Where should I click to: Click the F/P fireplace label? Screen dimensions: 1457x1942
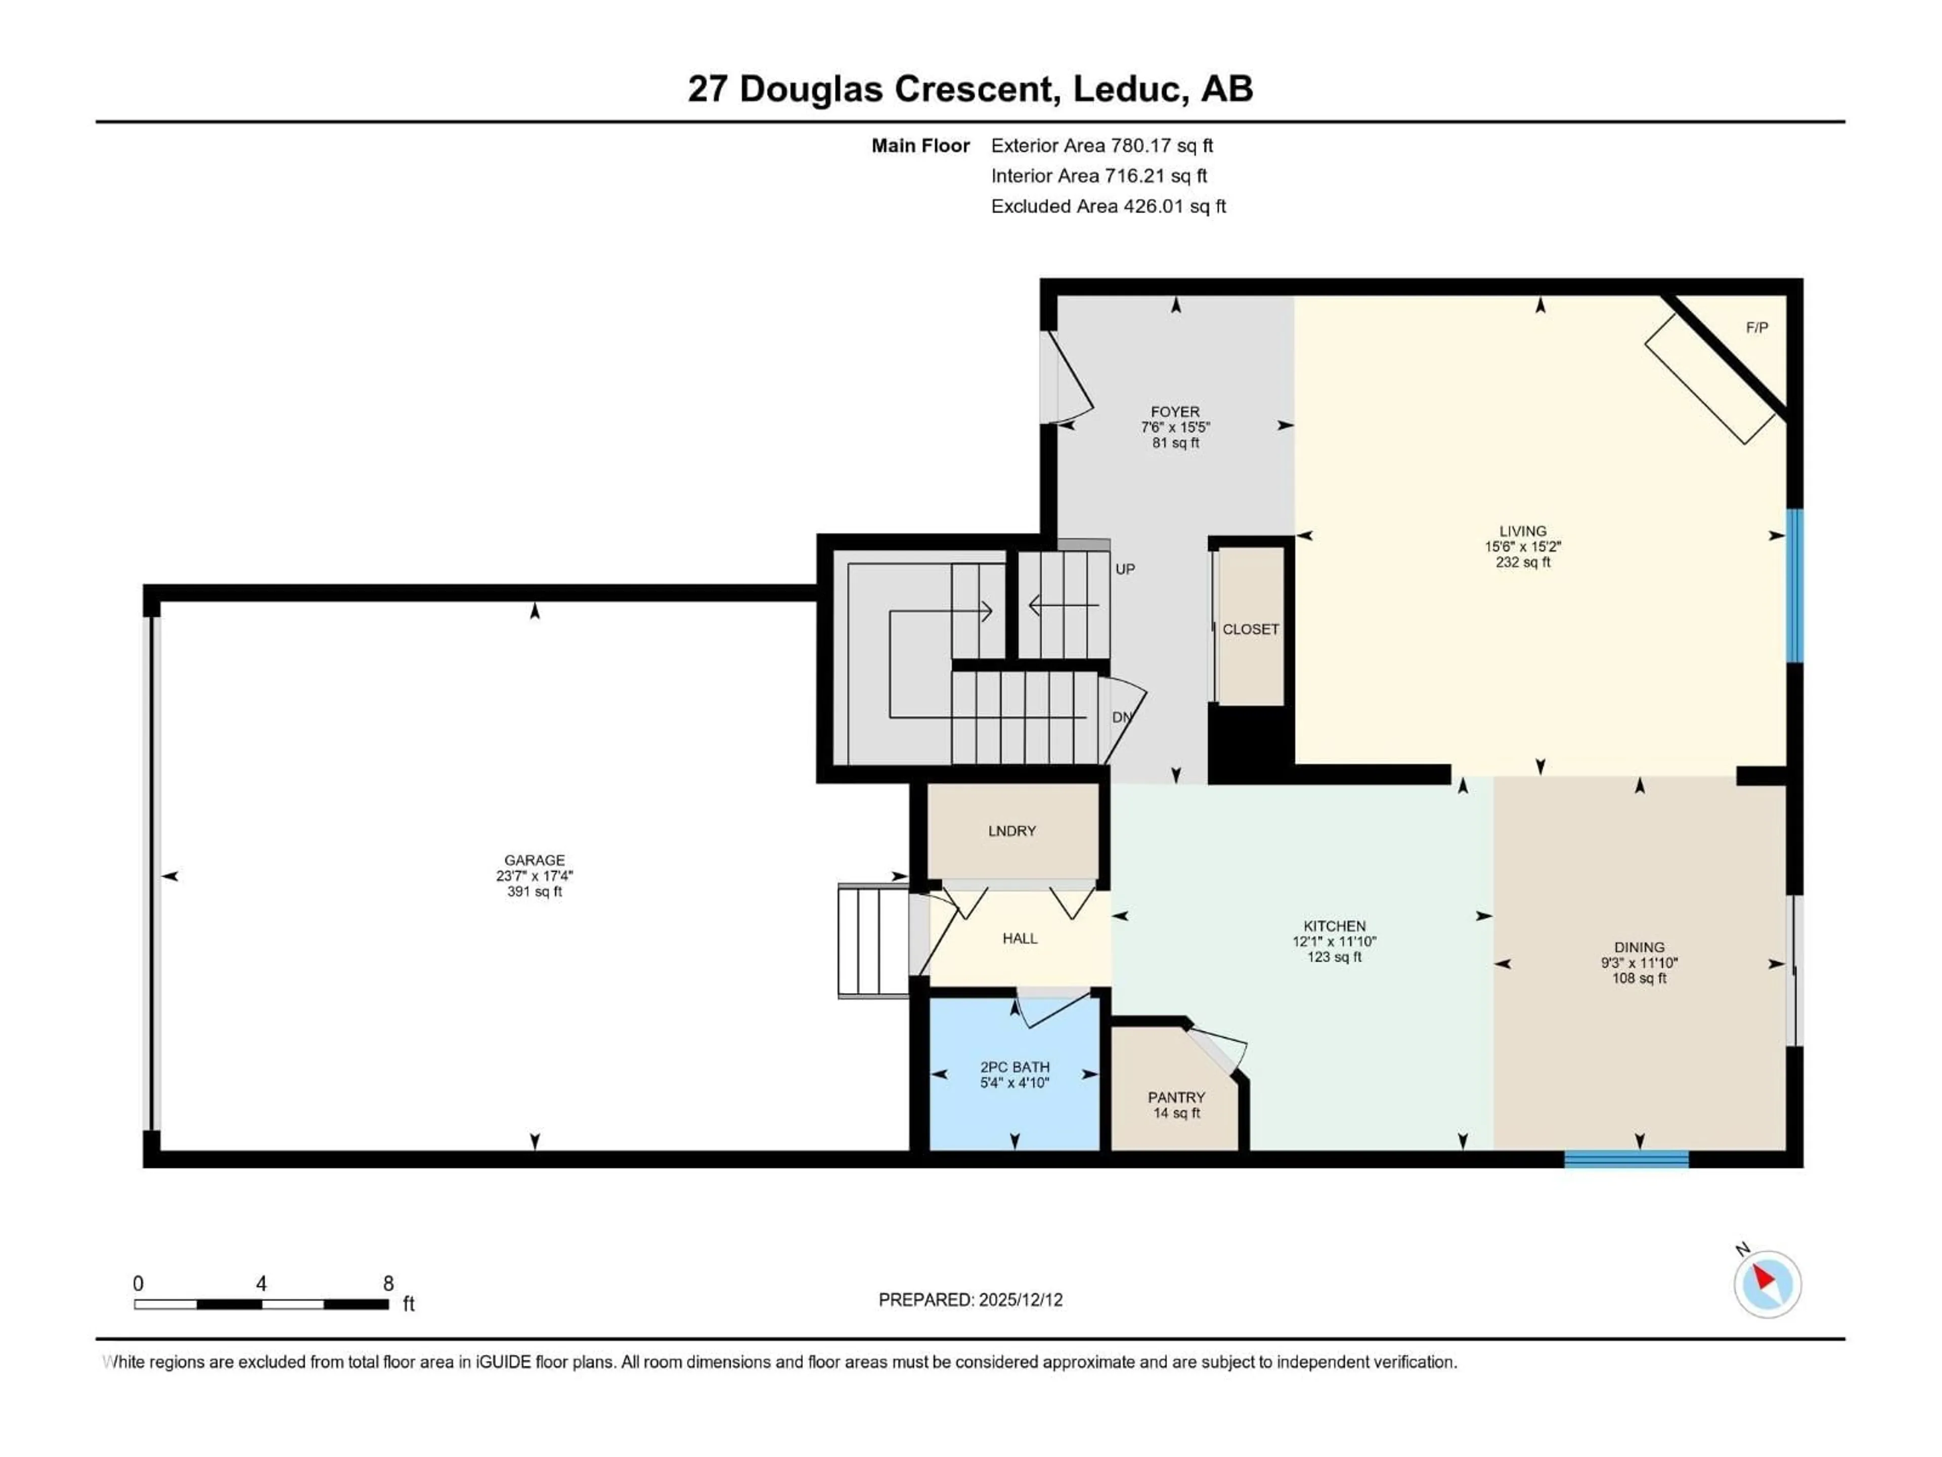pyautogui.click(x=1757, y=328)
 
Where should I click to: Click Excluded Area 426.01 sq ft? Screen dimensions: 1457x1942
pyautogui.click(x=1108, y=206)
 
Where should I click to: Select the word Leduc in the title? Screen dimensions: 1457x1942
pyautogui.click(x=1126, y=89)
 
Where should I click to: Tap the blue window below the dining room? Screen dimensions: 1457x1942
pyautogui.click(x=1626, y=1160)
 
